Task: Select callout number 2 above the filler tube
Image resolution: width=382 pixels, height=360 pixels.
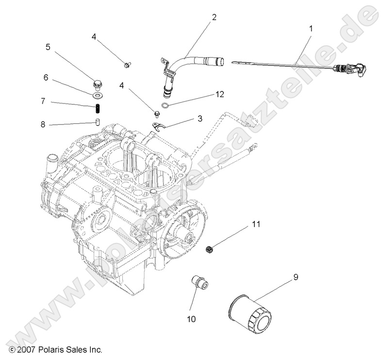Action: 214,17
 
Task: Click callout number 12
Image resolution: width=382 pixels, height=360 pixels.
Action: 220,94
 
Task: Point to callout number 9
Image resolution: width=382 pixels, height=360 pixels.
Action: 295,277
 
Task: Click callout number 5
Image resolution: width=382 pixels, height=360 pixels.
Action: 48,47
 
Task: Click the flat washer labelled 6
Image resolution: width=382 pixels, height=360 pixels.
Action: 99,92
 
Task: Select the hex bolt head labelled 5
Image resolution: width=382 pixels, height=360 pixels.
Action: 99,84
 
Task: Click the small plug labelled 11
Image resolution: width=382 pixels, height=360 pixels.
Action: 210,250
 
